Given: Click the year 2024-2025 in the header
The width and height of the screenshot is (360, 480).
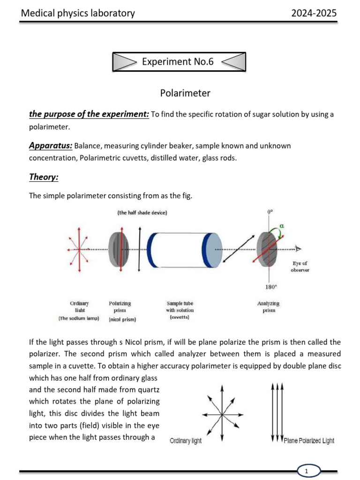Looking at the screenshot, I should tap(314, 13).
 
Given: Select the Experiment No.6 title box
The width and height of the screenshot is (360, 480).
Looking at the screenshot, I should tap(178, 61).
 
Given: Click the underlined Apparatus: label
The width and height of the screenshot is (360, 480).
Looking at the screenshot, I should tap(50, 146).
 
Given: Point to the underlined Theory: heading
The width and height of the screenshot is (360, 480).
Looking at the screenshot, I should tap(43, 177).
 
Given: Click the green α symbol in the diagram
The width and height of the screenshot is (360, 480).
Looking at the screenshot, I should tap(281, 225).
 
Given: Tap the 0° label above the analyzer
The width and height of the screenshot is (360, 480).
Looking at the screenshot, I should tap(270, 211).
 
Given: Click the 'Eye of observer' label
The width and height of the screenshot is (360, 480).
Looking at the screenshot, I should tap(300, 267).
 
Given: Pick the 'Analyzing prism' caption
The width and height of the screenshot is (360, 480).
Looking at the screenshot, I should tap(268, 307).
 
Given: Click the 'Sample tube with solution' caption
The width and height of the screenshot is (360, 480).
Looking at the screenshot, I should tap(180, 310).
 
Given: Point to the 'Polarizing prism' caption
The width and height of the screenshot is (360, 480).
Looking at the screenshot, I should tap(120, 307).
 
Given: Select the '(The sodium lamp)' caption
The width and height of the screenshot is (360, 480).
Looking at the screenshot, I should tap(79, 318).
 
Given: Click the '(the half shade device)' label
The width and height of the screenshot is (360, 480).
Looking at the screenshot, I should tap(142, 212).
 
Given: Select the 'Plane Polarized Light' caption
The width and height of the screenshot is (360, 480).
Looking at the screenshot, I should tap(309, 441).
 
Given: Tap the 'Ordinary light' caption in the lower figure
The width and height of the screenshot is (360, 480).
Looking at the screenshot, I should tap(186, 441).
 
